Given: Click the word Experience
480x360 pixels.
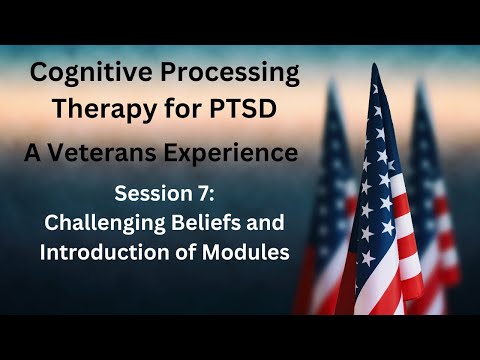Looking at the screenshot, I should coord(241,153).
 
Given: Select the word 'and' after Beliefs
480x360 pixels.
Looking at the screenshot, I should coord(271,222).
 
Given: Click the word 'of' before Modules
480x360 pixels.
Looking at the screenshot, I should coord(185,251).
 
